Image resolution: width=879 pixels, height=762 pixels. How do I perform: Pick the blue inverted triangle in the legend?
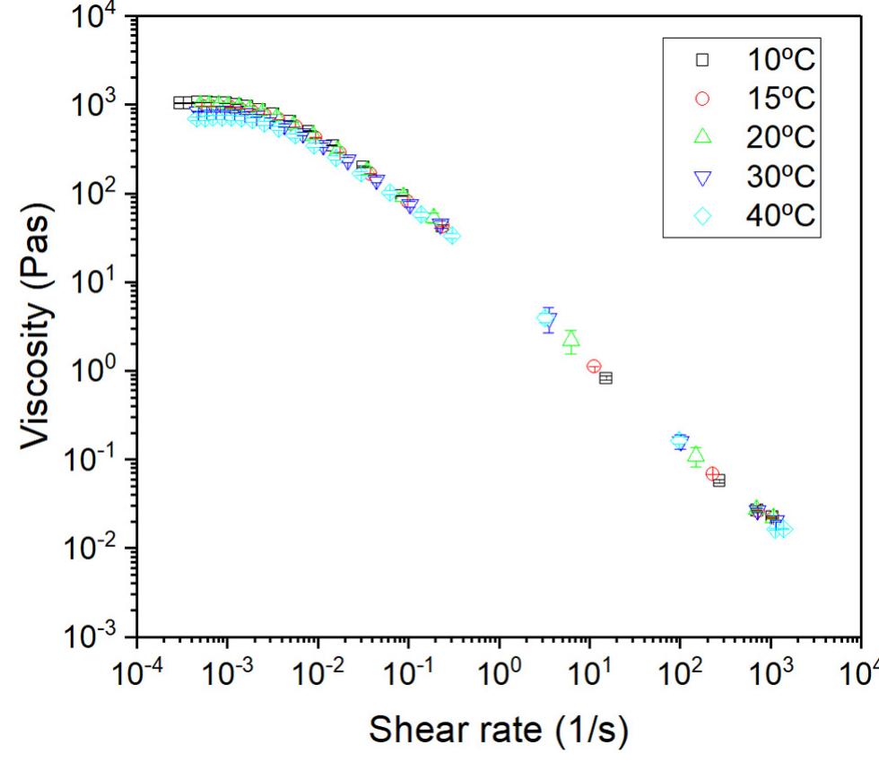703,178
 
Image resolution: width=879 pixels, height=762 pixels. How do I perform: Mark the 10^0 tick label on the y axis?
93,371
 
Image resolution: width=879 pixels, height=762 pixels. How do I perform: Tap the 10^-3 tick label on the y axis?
93,636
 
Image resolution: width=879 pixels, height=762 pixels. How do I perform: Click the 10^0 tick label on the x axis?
498,674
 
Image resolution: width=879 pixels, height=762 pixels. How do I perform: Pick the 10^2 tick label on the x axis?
679,674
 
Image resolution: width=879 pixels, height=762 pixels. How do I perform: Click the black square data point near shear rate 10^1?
605,377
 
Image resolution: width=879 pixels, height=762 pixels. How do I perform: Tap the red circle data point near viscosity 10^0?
594,366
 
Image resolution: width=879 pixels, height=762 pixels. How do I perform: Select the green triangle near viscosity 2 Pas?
570,339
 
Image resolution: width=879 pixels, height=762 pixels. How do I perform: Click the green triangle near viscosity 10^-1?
696,455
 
